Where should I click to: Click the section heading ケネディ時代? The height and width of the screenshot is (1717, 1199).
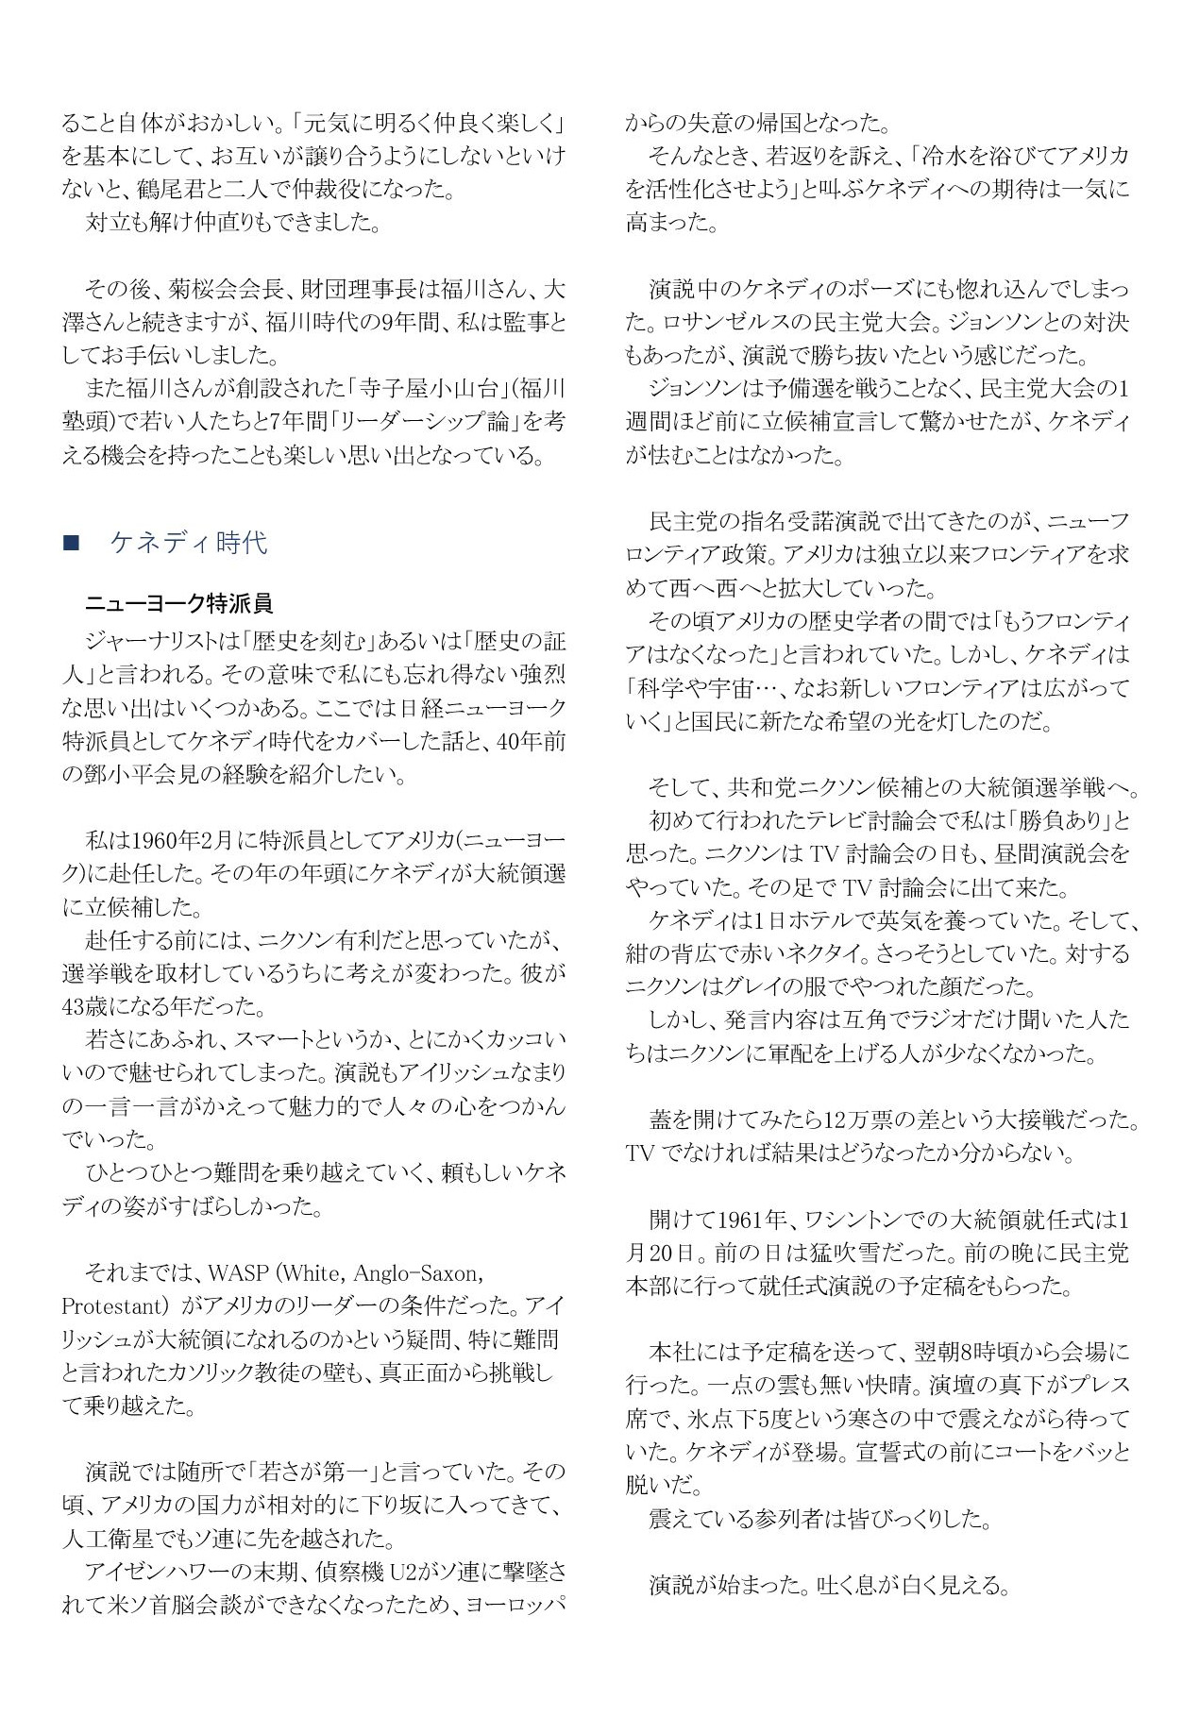189,543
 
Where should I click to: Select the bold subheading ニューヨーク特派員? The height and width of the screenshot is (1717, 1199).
178,603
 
